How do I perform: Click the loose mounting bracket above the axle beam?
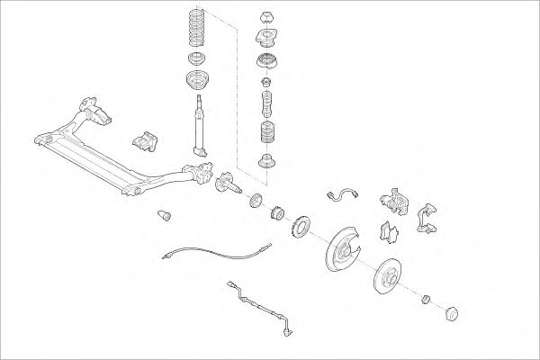click(144, 143)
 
